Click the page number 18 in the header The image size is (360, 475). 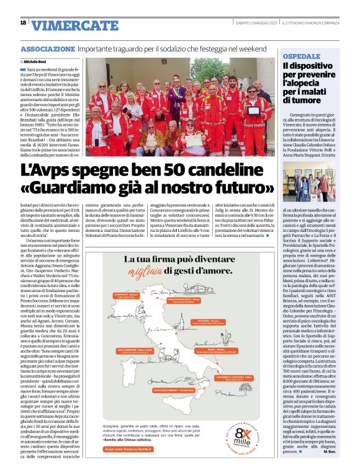pyautogui.click(x=23, y=23)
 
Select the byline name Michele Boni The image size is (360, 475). pyautogui.click(x=37, y=63)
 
